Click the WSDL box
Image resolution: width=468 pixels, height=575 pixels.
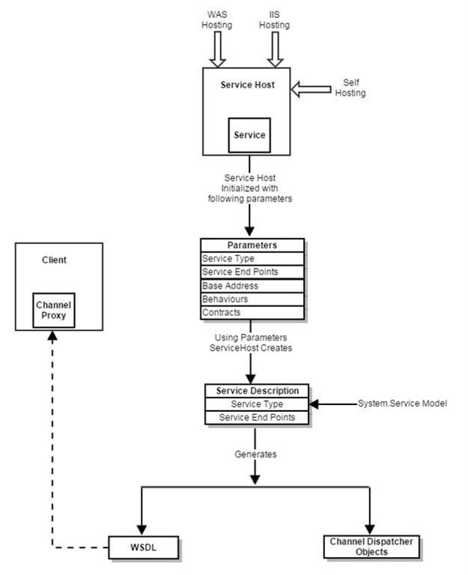[x=145, y=548]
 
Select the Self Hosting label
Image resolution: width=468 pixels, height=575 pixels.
[x=353, y=88]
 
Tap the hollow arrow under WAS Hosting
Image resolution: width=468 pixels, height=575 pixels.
[x=219, y=50]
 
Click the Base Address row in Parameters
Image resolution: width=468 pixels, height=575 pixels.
[x=252, y=286]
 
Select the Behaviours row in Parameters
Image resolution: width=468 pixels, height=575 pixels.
[x=252, y=299]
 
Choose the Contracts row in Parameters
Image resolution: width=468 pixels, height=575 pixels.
[x=252, y=312]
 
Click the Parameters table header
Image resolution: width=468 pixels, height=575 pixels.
[x=252, y=246]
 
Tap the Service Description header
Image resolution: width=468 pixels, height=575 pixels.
[x=257, y=391]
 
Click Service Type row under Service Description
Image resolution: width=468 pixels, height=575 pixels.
[x=257, y=404]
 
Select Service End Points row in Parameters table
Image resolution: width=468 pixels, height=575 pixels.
[x=252, y=272]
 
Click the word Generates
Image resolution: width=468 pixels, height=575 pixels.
[x=256, y=454]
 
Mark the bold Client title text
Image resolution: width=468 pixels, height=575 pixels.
[x=53, y=261]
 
